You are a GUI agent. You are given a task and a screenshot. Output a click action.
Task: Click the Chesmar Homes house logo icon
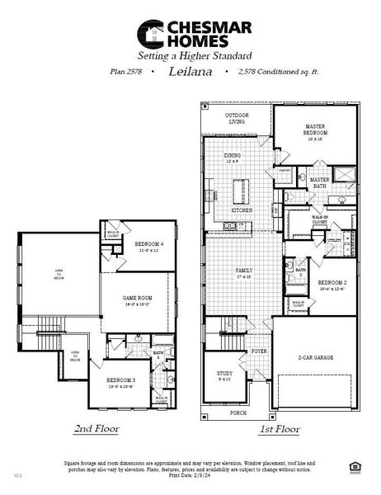tap(150, 34)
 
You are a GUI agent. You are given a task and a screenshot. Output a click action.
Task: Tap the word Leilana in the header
tap(189, 72)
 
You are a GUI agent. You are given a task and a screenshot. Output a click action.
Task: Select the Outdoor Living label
tap(238, 119)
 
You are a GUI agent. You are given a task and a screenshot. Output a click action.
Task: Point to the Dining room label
tap(233, 156)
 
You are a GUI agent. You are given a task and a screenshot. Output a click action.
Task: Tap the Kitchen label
tap(241, 210)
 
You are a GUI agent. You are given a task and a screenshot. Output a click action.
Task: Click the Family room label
tap(243, 270)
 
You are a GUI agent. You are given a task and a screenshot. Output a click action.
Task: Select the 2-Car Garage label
tap(315, 358)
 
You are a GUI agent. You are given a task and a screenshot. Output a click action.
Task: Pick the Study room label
tap(223, 375)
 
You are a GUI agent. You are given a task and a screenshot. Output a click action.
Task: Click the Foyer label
tap(259, 351)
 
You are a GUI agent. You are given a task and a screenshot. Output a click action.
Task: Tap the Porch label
tap(238, 412)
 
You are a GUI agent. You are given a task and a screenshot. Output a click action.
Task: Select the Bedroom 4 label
tap(148, 244)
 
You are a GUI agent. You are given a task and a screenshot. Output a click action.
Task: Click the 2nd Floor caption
tap(96, 429)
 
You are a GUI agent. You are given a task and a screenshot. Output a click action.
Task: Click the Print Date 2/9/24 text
tap(190, 476)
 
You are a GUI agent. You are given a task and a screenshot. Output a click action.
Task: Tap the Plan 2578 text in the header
tap(126, 73)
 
